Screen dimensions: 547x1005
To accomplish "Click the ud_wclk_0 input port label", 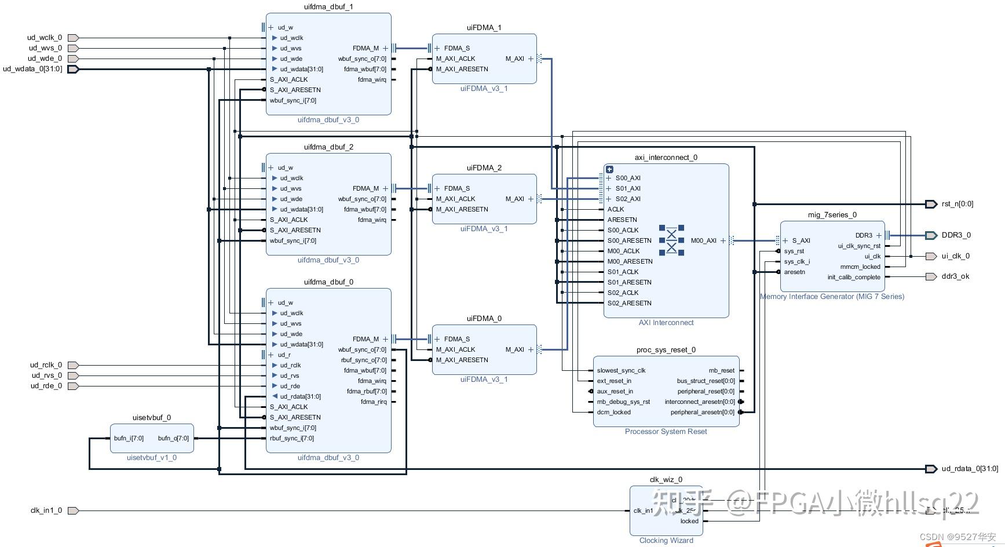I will click(45, 38).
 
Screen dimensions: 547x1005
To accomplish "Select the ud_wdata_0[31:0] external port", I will click(32, 69).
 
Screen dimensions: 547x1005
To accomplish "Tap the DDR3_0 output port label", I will click(956, 235).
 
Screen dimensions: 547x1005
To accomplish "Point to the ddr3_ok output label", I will click(955, 276).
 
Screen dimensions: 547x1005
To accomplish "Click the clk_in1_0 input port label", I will click(46, 510).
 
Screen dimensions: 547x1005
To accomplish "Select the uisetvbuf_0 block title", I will click(152, 418).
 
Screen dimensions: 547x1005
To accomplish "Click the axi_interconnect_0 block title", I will click(666, 158).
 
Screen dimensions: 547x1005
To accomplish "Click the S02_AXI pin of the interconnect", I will click(628, 199).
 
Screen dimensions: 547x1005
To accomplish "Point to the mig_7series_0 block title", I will click(832, 215).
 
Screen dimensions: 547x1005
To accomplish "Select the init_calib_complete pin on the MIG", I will click(853, 277).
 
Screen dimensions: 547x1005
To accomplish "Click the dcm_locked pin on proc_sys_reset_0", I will click(613, 412).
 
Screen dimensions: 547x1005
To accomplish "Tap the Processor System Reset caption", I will click(666, 432).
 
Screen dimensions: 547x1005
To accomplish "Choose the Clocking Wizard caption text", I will click(666, 541).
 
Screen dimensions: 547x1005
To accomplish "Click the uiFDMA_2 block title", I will click(484, 168).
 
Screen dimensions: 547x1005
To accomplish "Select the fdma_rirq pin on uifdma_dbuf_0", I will click(373, 402).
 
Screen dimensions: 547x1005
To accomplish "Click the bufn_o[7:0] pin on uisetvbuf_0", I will click(173, 438).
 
